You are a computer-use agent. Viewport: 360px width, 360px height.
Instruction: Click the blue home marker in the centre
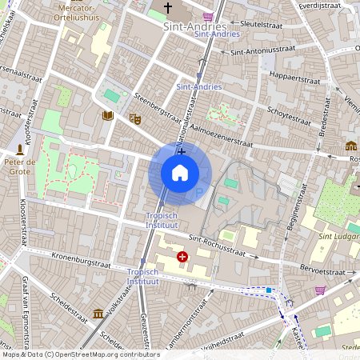(180, 173)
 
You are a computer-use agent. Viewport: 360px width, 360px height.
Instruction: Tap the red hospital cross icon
(182, 257)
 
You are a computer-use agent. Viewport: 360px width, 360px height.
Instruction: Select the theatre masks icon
(135, 118)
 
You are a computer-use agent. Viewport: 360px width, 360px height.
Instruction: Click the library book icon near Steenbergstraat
(108, 116)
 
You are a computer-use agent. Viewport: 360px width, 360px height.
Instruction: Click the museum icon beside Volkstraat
(98, 313)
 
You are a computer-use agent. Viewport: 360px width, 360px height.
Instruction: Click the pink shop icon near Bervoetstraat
(320, 290)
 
